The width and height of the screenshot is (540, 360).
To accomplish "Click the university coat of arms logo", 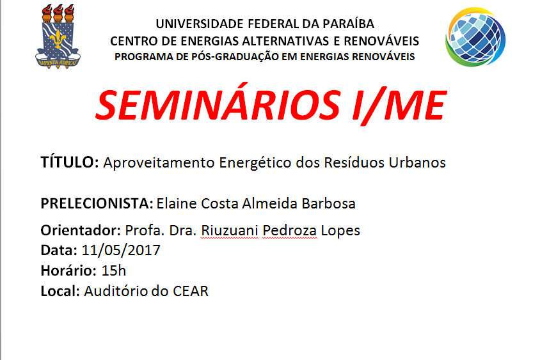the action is (x=58, y=36).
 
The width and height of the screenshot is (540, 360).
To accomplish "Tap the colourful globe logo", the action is (x=475, y=37).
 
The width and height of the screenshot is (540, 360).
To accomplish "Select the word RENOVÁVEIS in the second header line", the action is (x=381, y=41).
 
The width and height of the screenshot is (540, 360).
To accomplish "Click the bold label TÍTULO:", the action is (x=70, y=162).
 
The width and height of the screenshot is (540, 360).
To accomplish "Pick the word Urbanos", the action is (x=417, y=163).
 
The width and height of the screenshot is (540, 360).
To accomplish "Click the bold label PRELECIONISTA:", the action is (x=97, y=203).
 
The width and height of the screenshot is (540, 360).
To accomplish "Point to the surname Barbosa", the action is (x=329, y=203).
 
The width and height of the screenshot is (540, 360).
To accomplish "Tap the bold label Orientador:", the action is (x=81, y=230).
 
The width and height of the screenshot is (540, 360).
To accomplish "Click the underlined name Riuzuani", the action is (x=230, y=231).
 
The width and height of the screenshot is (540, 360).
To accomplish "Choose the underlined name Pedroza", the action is (x=290, y=231).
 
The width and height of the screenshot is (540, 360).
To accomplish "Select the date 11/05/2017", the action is (x=121, y=250).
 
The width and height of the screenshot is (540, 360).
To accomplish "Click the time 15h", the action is (x=114, y=270).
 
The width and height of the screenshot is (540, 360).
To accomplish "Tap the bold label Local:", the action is (x=60, y=291).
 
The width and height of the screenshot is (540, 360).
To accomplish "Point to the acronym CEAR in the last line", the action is (x=191, y=291).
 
